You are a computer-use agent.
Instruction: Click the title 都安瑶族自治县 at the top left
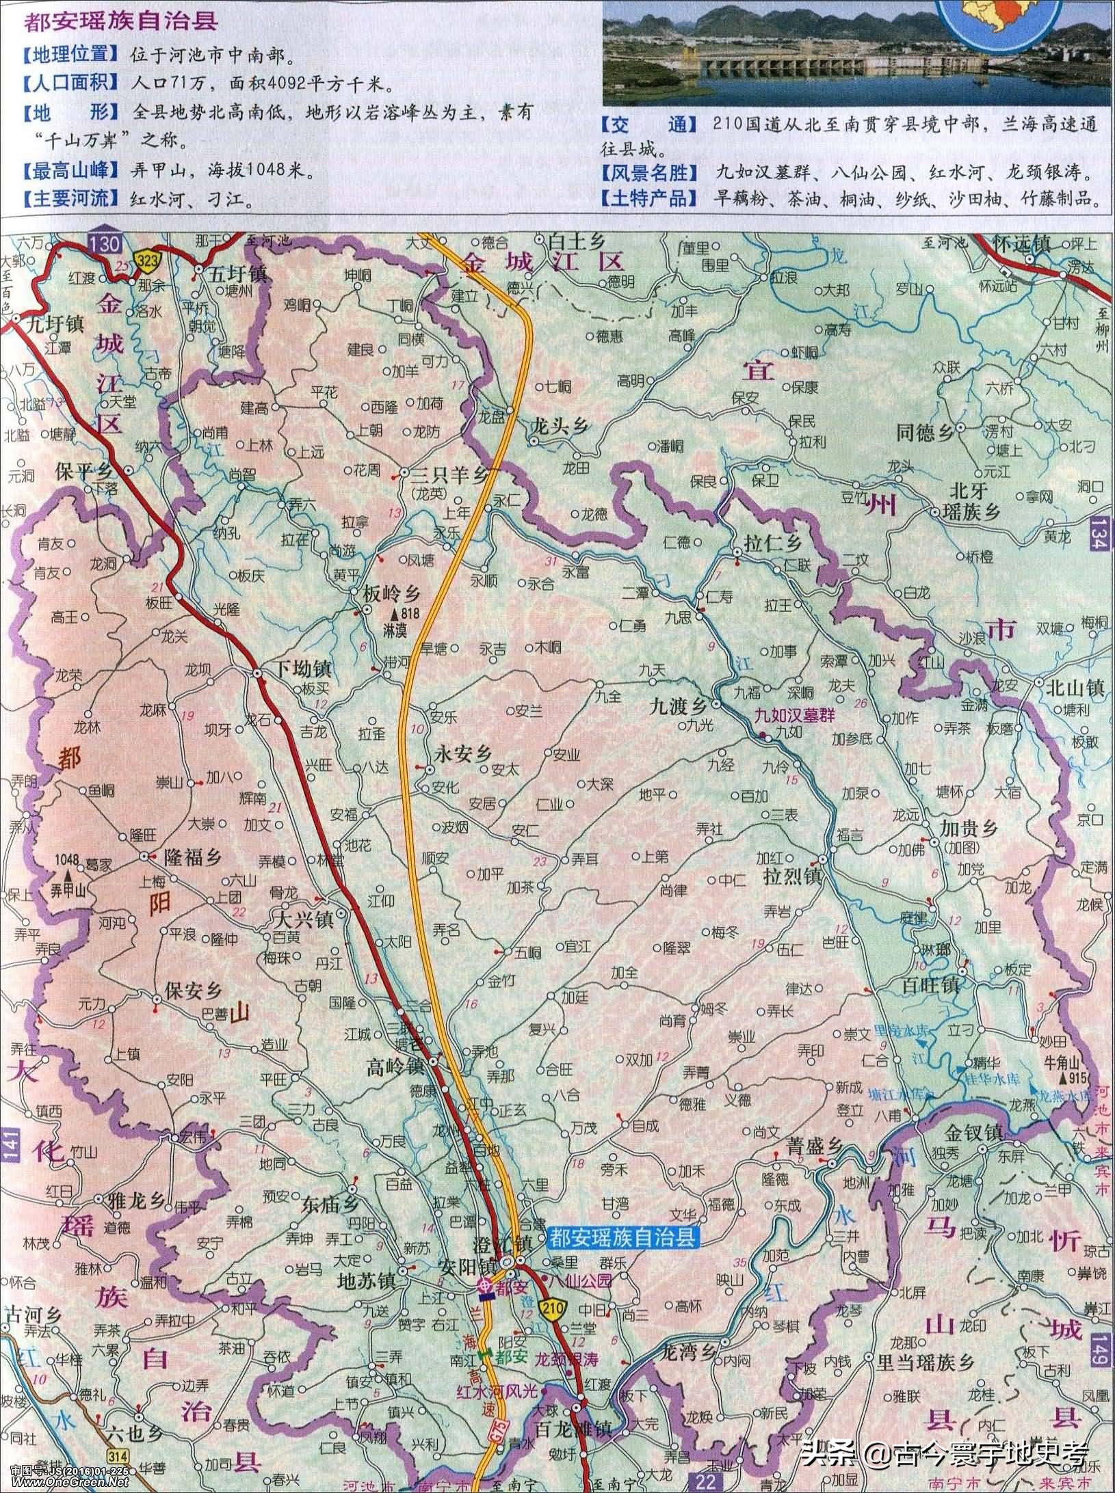point(121,22)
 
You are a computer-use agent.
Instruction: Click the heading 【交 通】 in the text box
point(647,124)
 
